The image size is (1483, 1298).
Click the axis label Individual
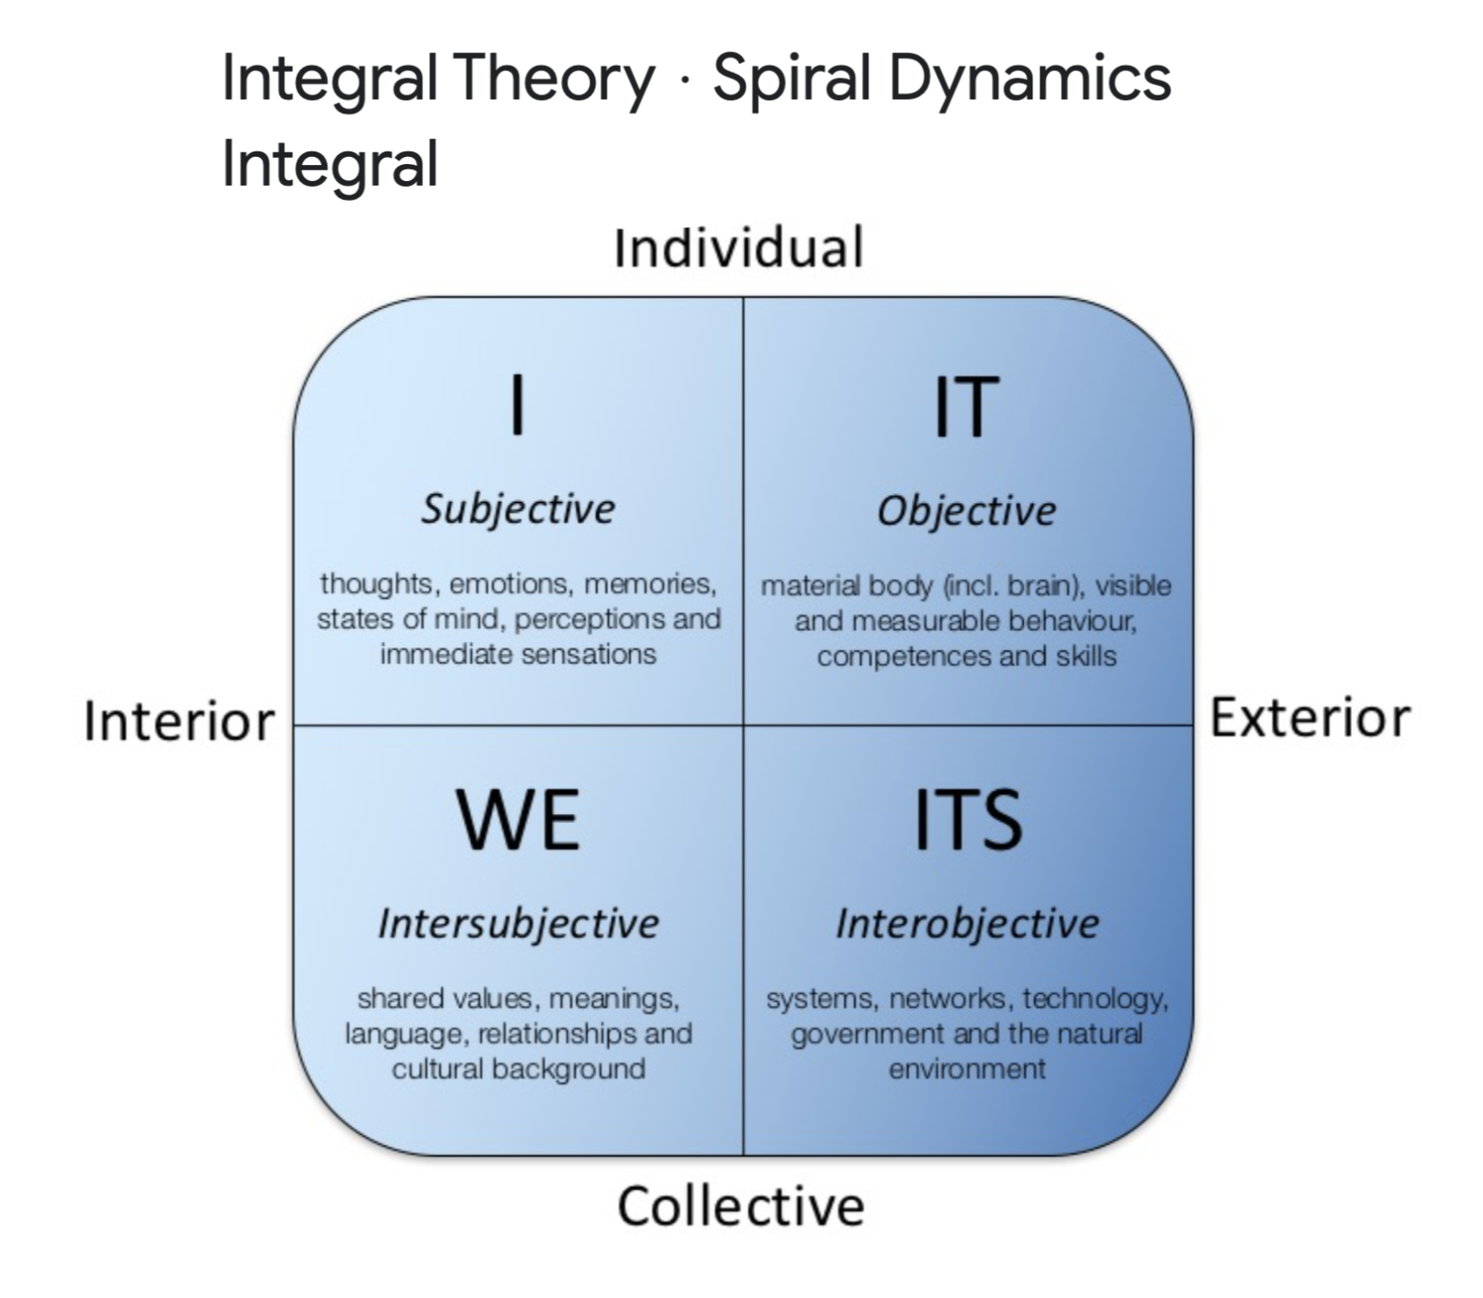click(738, 248)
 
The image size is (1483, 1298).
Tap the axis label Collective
click(740, 1206)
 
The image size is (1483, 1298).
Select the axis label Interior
click(179, 722)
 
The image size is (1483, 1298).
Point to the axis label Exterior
click(1309, 718)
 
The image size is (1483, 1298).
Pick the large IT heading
click(966, 407)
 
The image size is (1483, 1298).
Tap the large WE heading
click(517, 819)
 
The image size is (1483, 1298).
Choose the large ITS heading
click(968, 819)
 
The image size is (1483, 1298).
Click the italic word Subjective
click(517, 510)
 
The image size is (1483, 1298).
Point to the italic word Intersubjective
click(517, 924)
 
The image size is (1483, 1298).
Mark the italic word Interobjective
click(967, 924)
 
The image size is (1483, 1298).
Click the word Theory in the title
click(554, 78)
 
